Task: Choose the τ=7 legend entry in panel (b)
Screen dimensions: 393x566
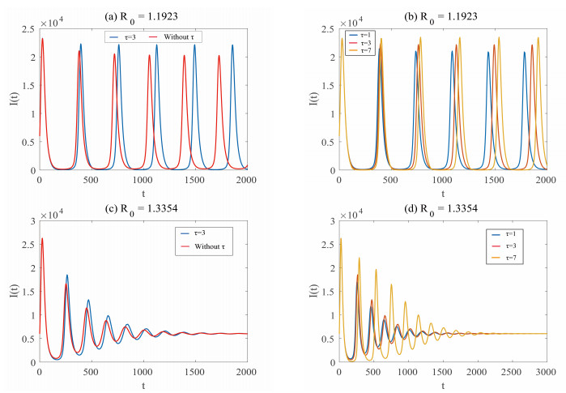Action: (364, 52)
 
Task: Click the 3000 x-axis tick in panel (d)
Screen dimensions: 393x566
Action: (547, 371)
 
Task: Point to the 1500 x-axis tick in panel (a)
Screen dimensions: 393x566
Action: (194, 180)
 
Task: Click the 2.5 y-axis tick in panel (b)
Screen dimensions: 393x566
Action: (330, 30)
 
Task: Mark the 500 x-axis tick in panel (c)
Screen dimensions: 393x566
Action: (91, 371)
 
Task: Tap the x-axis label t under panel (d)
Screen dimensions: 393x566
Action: (443, 383)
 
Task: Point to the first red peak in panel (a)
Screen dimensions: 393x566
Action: (42, 39)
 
